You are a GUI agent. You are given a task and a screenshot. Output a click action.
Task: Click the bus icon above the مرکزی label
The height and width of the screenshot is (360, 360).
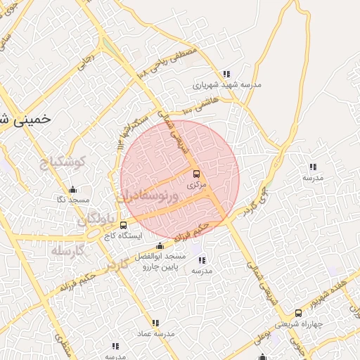pyautogui.click(x=195, y=173)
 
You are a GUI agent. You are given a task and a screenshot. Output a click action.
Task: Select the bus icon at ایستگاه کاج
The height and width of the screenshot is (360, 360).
pyautogui.click(x=124, y=225)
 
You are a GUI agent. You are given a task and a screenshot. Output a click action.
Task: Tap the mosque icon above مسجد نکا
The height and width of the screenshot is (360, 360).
pyautogui.click(x=72, y=189)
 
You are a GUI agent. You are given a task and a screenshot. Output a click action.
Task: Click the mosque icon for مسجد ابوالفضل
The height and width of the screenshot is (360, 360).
pyautogui.click(x=160, y=245)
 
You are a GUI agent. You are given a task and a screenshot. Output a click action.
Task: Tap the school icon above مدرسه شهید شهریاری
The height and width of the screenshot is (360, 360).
pyautogui.click(x=226, y=73)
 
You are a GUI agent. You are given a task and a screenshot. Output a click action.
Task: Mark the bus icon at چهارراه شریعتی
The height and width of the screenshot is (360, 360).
pyautogui.click(x=299, y=313)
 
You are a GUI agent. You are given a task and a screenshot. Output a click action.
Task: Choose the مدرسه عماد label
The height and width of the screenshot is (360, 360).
pyautogui.click(x=153, y=333)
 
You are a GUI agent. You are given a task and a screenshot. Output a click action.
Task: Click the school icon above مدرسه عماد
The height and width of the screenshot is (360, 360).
pyautogui.click(x=155, y=322)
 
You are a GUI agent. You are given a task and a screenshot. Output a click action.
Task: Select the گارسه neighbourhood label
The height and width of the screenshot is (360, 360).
pyautogui.click(x=68, y=250)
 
